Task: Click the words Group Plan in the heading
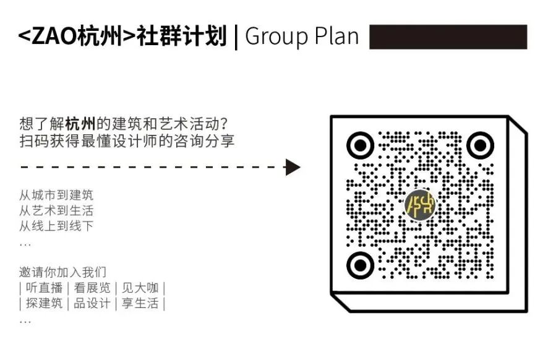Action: tap(302, 36)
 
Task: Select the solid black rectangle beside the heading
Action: tap(448, 36)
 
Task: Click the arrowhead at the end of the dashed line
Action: tap(293, 167)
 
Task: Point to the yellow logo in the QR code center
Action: tap(419, 205)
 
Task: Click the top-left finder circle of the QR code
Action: tap(360, 146)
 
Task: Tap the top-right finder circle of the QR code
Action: tap(479, 146)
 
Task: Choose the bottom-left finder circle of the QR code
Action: tap(360, 265)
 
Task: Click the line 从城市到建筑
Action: tap(56, 195)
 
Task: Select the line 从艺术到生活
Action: tap(56, 211)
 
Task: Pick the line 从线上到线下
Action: tap(56, 226)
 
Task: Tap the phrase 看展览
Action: tap(92, 288)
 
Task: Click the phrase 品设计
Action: tap(92, 304)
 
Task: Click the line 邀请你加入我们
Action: tap(62, 272)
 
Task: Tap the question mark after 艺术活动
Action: tap(229, 124)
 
